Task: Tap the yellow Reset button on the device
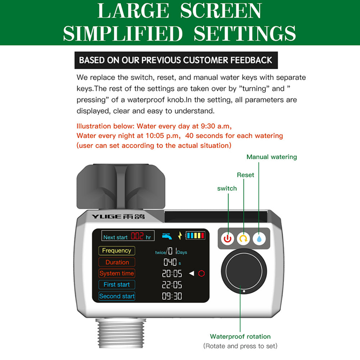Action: [243, 238]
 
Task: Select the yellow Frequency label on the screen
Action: [116, 251]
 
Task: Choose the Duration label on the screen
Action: [117, 262]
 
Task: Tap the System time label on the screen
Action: [117, 273]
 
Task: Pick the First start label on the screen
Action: [117, 284]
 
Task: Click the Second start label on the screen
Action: [117, 296]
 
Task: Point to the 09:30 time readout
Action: [172, 296]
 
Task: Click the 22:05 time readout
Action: [172, 285]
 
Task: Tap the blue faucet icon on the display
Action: [167, 236]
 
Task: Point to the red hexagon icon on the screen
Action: [201, 273]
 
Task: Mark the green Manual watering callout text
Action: [271, 157]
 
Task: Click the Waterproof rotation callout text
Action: [240, 337]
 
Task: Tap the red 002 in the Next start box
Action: [137, 237]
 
